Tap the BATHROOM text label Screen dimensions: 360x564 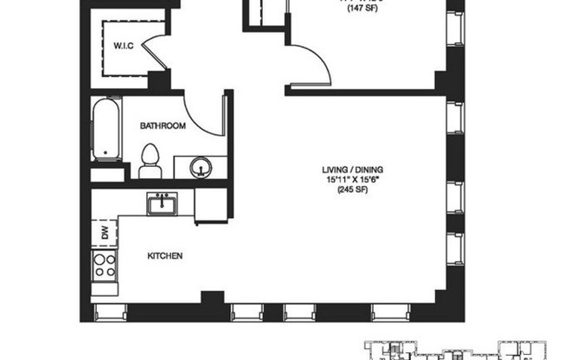point(163,126)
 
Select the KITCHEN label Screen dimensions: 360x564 point(163,256)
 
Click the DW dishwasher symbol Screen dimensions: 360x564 point(104,232)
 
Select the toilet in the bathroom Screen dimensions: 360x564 point(150,161)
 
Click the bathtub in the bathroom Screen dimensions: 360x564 point(106,132)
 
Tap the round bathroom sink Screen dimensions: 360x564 point(200,165)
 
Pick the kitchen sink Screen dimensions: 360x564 point(161,204)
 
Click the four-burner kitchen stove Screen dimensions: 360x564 point(105,265)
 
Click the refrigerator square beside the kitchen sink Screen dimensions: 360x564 point(210,206)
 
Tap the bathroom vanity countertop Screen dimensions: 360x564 point(200,168)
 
